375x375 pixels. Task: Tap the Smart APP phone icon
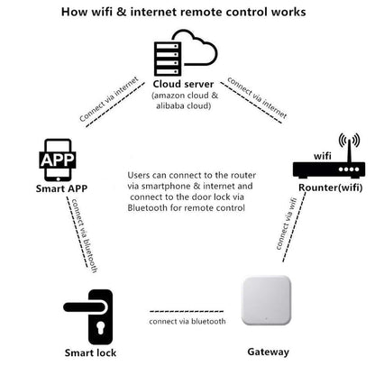58,160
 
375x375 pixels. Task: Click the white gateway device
266,300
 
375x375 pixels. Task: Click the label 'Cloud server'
183,84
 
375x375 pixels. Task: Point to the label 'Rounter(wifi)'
331,187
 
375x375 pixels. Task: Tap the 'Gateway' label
269,352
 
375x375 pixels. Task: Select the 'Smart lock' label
90,352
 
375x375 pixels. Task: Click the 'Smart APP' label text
61,188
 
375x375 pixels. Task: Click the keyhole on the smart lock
100,327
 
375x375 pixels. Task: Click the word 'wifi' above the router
323,156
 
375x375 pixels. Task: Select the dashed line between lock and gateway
187,311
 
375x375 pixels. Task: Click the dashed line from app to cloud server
115,105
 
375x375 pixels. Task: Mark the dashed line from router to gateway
294,227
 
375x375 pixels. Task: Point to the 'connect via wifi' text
286,224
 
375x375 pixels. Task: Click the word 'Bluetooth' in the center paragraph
147,208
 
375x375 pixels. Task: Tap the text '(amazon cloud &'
185,96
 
